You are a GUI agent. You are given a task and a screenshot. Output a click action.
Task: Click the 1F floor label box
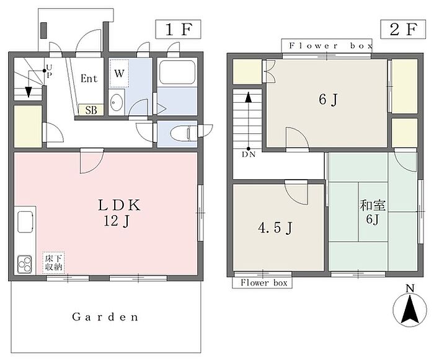point(179,29)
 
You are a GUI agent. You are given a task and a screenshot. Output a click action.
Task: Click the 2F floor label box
point(403,29)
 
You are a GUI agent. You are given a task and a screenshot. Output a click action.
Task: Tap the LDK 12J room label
point(119,213)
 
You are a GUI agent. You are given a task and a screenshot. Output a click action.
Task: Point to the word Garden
point(105,317)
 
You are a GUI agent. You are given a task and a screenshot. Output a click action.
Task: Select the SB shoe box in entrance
point(91,110)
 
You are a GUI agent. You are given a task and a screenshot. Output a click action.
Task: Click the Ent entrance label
point(89,79)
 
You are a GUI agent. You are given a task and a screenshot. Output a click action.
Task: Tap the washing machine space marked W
point(119,74)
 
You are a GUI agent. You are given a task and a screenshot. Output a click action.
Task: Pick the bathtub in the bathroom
point(177,72)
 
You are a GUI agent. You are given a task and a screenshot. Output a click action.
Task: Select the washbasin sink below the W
point(117,102)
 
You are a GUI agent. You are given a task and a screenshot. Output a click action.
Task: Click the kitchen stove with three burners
point(25,264)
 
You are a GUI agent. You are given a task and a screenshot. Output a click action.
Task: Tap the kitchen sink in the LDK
point(25,221)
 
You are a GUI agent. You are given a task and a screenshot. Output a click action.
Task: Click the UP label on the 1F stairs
point(49,71)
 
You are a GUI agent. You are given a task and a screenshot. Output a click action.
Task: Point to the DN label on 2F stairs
point(249,154)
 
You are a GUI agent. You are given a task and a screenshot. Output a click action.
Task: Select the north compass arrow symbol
point(410,309)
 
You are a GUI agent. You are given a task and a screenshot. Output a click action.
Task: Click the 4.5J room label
point(275,228)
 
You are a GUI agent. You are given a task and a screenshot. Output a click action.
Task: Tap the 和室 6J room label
point(373,213)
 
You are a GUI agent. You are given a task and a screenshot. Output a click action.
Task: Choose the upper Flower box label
point(330,46)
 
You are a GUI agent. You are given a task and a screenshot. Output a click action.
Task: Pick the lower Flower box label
point(263,283)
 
